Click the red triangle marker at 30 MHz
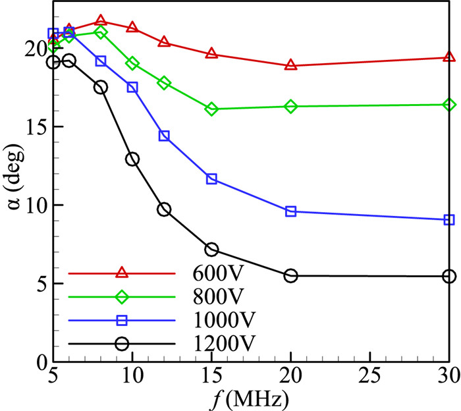tap(449, 57)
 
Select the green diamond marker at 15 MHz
tap(211, 109)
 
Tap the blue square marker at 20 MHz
tap(290, 211)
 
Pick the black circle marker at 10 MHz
tap(132, 159)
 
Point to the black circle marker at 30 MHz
tap(449, 276)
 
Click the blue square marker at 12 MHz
tap(164, 136)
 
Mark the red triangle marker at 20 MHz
tap(290, 65)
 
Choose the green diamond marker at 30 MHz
tap(449, 105)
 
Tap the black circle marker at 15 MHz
tap(211, 249)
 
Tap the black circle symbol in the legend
tap(122, 343)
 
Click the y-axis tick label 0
tap(41, 362)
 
